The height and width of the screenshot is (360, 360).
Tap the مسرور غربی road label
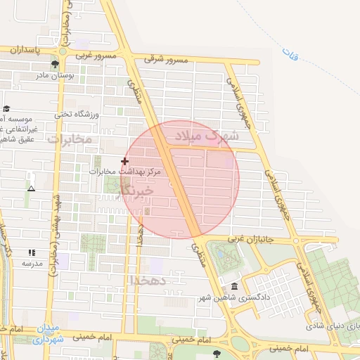(95, 55)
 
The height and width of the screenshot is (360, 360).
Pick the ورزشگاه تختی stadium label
(79, 113)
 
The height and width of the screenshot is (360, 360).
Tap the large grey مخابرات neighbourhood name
(70, 139)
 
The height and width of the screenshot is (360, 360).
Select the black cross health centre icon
(125, 161)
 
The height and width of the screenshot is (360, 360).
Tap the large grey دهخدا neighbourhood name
(148, 280)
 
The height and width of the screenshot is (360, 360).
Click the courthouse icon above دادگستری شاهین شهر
(234, 285)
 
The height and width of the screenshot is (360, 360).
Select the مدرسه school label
(32, 263)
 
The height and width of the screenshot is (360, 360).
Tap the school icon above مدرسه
(31, 252)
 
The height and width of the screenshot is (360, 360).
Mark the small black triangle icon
(31, 188)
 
